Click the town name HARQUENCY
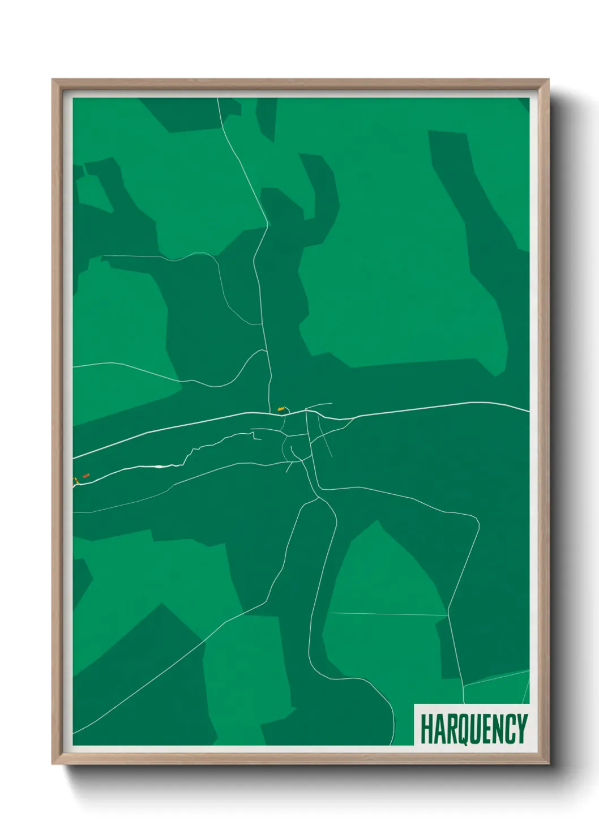[x=473, y=729]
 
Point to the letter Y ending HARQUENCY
[x=521, y=729]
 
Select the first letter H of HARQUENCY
[x=426, y=729]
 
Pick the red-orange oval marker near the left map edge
[x=85, y=476]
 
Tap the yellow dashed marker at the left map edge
[x=75, y=481]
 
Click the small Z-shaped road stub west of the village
[x=255, y=437]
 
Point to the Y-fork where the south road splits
[x=317, y=498]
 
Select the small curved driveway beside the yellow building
[x=287, y=409]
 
